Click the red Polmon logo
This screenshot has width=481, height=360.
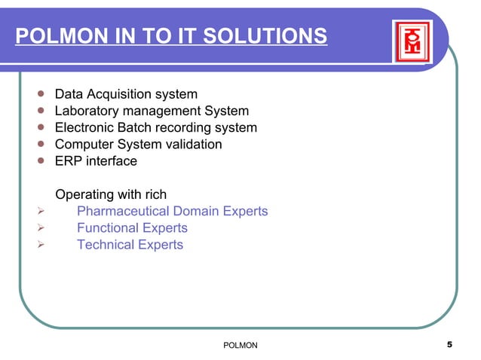tap(412, 41)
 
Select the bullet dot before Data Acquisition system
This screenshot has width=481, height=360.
tap(41, 95)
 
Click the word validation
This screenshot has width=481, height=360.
tap(194, 144)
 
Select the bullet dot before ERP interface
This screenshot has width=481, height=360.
tap(41, 160)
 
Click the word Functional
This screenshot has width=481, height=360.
tap(108, 228)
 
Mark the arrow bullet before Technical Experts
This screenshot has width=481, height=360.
tap(41, 245)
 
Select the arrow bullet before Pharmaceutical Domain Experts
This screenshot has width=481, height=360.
tap(41, 212)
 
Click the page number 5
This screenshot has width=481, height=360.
tap(449, 345)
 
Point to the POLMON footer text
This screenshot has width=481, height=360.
tap(241, 345)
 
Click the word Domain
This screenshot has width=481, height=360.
tap(198, 212)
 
